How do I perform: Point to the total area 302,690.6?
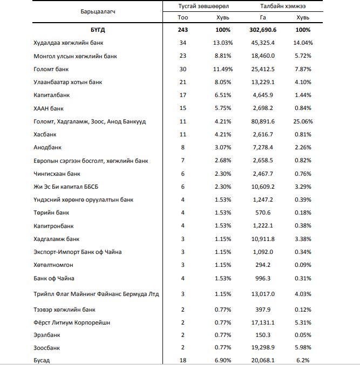[263, 30]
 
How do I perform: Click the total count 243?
[182, 30]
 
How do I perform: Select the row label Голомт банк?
[52, 69]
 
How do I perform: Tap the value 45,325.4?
[263, 43]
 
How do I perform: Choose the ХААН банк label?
[50, 108]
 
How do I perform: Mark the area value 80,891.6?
[263, 121]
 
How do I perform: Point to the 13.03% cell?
[222, 43]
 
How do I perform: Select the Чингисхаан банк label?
[57, 174]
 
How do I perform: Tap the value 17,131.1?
[263, 322]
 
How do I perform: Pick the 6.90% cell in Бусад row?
[222, 360]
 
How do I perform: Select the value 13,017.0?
[263, 294]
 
